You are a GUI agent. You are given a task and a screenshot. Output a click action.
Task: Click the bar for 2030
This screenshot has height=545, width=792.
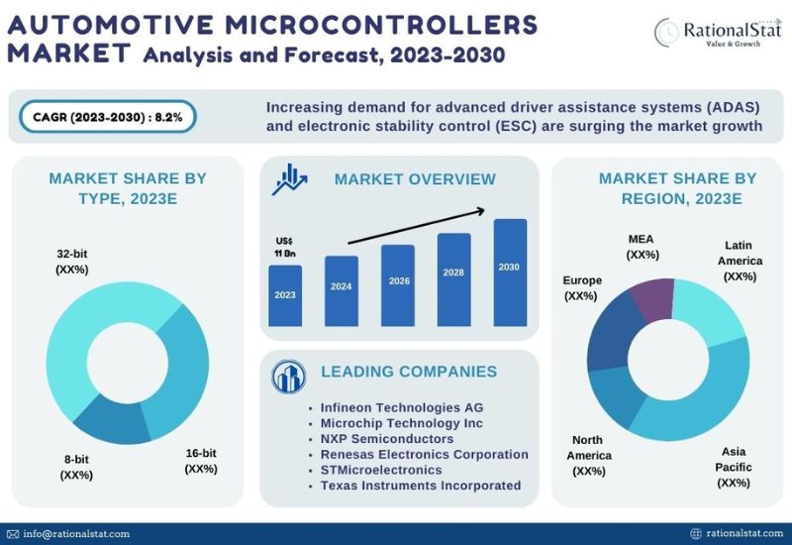[x=510, y=272]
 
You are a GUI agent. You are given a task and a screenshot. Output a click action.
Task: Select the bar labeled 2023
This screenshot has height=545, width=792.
[x=285, y=295]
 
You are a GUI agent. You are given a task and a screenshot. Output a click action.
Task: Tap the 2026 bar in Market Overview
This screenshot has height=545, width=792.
[x=398, y=285]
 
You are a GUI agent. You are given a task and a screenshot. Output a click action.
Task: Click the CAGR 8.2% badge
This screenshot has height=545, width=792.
[x=108, y=117]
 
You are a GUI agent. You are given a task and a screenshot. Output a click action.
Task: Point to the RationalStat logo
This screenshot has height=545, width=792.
[x=718, y=33]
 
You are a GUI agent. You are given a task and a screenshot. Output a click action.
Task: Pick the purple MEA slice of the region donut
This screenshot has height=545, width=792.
[x=652, y=299]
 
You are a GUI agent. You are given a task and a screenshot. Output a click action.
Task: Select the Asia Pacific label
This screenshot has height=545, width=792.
[x=734, y=467]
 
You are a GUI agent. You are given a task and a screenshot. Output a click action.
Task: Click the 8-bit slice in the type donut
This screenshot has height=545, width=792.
[x=112, y=420]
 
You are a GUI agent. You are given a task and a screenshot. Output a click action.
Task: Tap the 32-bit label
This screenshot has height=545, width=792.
[x=71, y=262]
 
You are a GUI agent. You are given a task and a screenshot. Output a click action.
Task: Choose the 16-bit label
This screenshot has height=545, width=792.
[x=201, y=461]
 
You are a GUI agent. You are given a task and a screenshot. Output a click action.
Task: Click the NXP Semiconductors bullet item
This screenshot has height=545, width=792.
[x=387, y=439]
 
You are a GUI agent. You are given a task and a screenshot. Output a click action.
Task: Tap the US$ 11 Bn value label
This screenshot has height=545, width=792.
[x=285, y=247]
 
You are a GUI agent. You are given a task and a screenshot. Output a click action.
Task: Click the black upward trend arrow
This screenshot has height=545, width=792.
[x=417, y=226]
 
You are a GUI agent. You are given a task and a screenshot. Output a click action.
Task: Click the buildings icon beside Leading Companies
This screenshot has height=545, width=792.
[x=288, y=377]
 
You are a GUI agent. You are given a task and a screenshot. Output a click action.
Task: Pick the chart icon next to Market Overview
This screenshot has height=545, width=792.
[x=289, y=179]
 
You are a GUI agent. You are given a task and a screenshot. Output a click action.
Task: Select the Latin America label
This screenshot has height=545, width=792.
[x=740, y=261]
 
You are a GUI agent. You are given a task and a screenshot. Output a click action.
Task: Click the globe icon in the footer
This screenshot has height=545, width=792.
[x=696, y=533]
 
